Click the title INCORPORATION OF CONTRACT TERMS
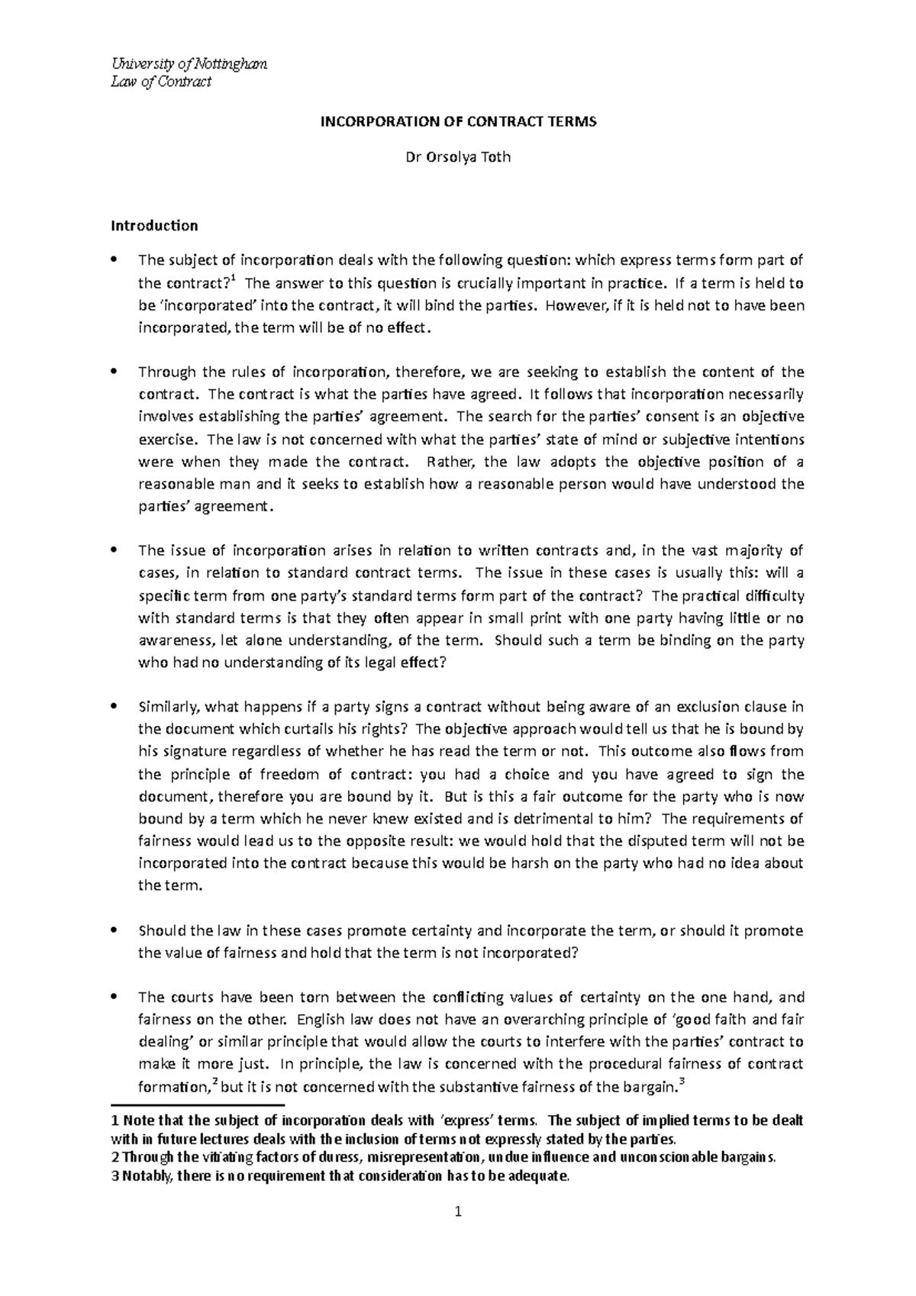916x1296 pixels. coord(457,121)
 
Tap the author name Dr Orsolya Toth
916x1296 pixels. coord(457,158)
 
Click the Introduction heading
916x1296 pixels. coord(154,225)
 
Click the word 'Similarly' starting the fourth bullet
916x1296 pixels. coord(167,707)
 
